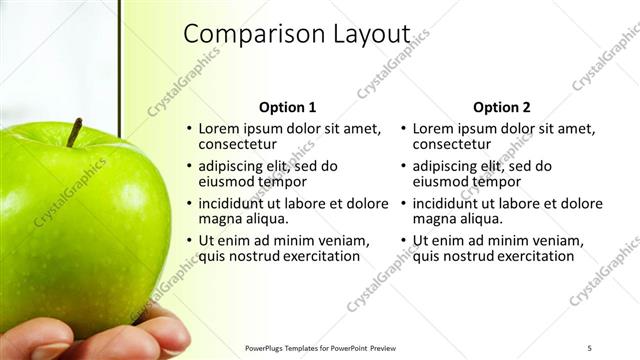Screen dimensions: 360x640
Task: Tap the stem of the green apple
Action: [74, 132]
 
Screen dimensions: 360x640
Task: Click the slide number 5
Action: [590, 347]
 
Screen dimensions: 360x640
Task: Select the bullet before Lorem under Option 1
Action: [189, 129]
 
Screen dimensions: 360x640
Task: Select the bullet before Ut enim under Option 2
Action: [403, 241]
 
